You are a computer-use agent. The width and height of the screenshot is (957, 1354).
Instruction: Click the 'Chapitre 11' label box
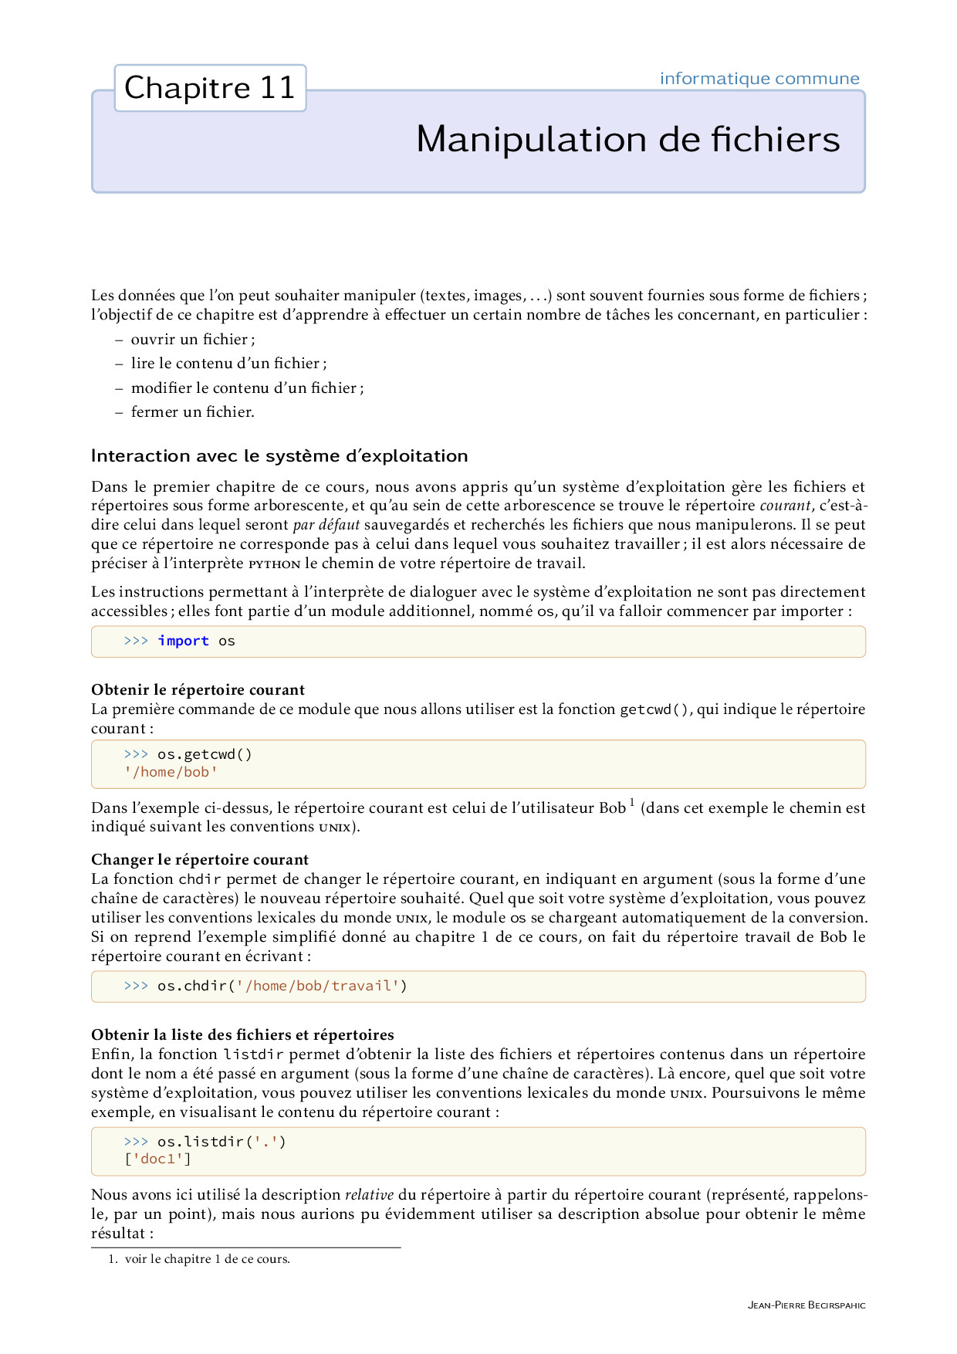[x=210, y=88]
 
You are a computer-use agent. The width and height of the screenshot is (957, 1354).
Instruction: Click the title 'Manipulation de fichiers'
[x=627, y=140]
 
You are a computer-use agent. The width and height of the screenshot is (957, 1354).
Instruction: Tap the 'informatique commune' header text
[x=759, y=79]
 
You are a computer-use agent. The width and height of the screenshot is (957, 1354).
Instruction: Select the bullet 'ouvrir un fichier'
[x=192, y=340]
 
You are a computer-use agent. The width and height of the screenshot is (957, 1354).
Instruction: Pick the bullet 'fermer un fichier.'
[x=192, y=412]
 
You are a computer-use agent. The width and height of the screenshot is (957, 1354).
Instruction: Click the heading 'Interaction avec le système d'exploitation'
[x=279, y=456]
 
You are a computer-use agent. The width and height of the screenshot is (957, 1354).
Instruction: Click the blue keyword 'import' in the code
[x=183, y=641]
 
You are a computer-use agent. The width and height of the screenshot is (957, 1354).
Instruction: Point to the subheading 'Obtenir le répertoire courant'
[x=198, y=689]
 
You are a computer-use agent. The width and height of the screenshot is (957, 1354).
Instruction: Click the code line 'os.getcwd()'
[x=205, y=754]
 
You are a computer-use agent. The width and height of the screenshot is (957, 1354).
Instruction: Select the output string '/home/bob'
[x=171, y=772]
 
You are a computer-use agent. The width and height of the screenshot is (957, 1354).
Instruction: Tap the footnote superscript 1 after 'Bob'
[x=631, y=803]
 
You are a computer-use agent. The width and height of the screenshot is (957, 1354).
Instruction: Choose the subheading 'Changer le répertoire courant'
[x=200, y=859]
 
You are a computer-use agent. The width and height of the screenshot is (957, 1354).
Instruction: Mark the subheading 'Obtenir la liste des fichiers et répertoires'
[x=242, y=1034]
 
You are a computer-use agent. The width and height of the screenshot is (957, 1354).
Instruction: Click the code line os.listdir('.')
[x=221, y=1141]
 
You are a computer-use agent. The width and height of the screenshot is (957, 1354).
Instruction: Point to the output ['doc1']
[x=157, y=1159]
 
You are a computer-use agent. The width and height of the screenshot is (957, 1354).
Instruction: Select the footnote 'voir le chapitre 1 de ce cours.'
[x=207, y=1259]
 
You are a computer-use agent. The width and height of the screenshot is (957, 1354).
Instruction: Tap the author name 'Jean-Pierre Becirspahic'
[x=807, y=1305]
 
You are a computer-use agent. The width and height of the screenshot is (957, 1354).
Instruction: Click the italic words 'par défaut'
[x=326, y=525]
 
